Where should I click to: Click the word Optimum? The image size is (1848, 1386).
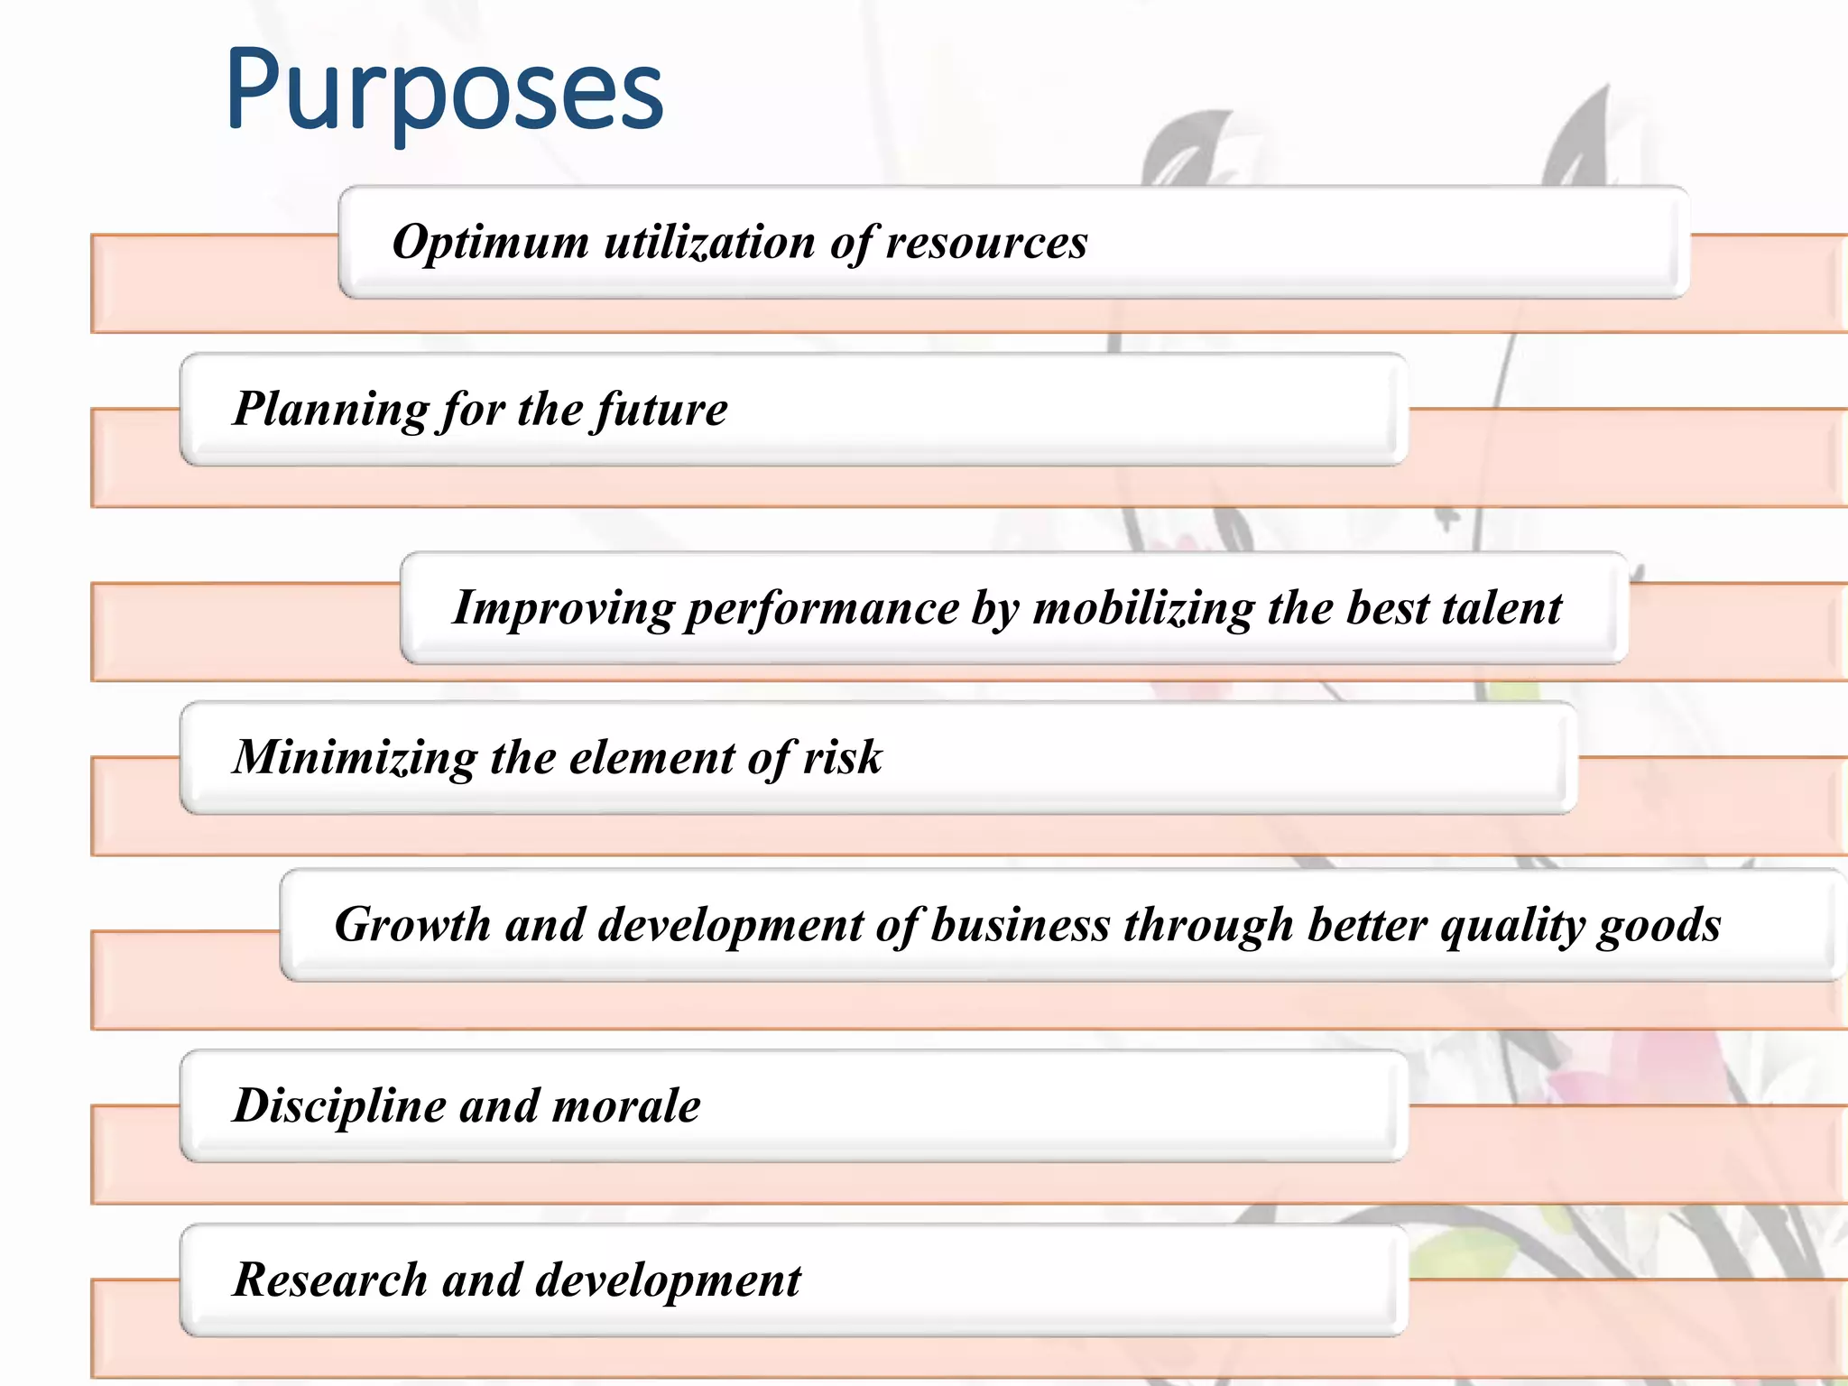(490, 243)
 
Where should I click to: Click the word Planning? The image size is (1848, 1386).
(329, 410)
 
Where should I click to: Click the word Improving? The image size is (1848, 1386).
(562, 608)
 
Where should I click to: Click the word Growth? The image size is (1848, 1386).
(411, 925)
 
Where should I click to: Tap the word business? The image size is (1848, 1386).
(1020, 925)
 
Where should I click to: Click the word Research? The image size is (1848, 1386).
(329, 1280)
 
